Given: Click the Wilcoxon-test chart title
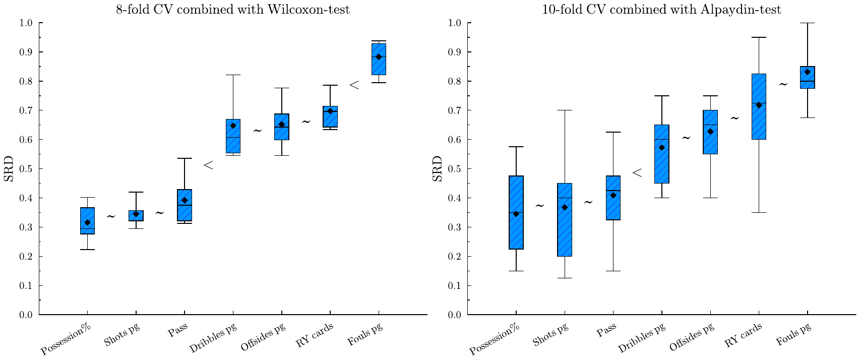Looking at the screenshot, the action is (233, 9).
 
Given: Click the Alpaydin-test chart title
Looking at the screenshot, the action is (661, 9).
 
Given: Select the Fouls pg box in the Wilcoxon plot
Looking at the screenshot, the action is (379, 59).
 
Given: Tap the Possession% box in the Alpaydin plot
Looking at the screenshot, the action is (516, 212).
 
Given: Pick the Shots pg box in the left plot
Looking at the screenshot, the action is (136, 215).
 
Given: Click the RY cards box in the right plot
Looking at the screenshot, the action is (759, 106).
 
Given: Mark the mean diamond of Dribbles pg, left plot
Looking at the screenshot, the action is (233, 126).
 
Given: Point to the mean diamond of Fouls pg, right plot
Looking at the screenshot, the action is (808, 72).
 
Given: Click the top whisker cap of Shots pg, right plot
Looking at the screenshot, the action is (565, 110).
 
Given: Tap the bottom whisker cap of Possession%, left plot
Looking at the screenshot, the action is (88, 250).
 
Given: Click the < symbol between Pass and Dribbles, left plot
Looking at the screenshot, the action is (208, 165).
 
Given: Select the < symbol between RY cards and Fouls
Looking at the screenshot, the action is (354, 85).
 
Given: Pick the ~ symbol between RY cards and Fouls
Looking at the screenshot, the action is (783, 84).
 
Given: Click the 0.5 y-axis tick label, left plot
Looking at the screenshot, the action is (26, 169).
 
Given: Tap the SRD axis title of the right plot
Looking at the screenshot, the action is (437, 169).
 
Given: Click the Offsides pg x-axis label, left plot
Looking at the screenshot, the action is (263, 337).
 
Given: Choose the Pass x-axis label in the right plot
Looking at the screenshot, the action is (606, 330).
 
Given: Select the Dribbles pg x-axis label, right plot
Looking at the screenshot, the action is (642, 338).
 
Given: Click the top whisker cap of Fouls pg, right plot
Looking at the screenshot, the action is (808, 23).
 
